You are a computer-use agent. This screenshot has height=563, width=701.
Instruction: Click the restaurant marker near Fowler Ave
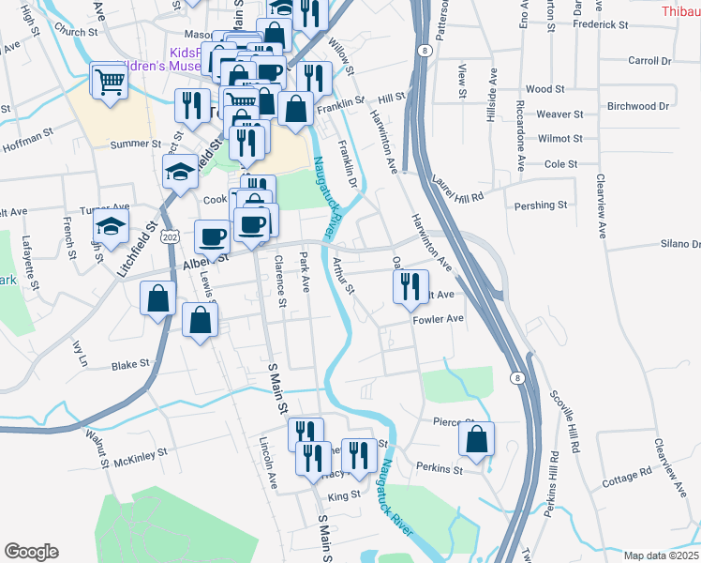coord(410,287)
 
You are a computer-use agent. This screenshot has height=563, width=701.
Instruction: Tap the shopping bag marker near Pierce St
coord(477,438)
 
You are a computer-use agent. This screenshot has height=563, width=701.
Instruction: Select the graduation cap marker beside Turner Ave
coord(111,225)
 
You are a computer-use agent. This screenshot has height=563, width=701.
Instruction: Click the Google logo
coord(31,552)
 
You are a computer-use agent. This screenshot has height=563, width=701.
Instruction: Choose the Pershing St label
coord(541,205)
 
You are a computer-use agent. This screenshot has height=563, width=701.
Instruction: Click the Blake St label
coord(130,364)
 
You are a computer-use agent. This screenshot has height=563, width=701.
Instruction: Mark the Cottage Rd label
coord(626,472)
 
